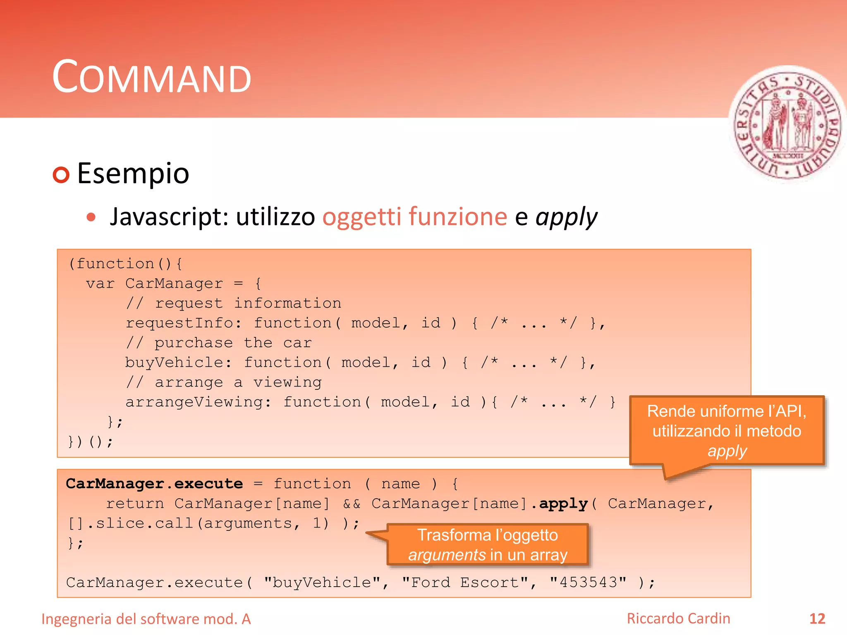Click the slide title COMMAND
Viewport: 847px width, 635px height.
[151, 77]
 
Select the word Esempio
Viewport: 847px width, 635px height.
[133, 174]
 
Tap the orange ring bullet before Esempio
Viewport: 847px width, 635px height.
[61, 175]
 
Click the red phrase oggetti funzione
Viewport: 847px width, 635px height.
[414, 217]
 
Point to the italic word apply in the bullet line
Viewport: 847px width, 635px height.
[566, 217]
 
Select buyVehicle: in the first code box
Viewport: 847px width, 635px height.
[178, 363]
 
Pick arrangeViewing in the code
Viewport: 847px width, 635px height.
[194, 402]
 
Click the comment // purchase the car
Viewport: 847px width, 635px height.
[219, 343]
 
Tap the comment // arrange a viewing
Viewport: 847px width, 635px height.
[224, 382]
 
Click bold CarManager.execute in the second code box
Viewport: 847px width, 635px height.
[154, 484]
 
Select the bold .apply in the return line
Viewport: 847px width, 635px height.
[559, 504]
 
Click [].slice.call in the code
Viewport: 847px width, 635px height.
[130, 523]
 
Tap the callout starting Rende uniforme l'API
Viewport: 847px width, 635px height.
[727, 431]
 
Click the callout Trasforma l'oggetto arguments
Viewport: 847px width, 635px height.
[487, 545]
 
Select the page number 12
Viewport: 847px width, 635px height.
[817, 619]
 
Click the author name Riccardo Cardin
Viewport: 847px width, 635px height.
[678, 618]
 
